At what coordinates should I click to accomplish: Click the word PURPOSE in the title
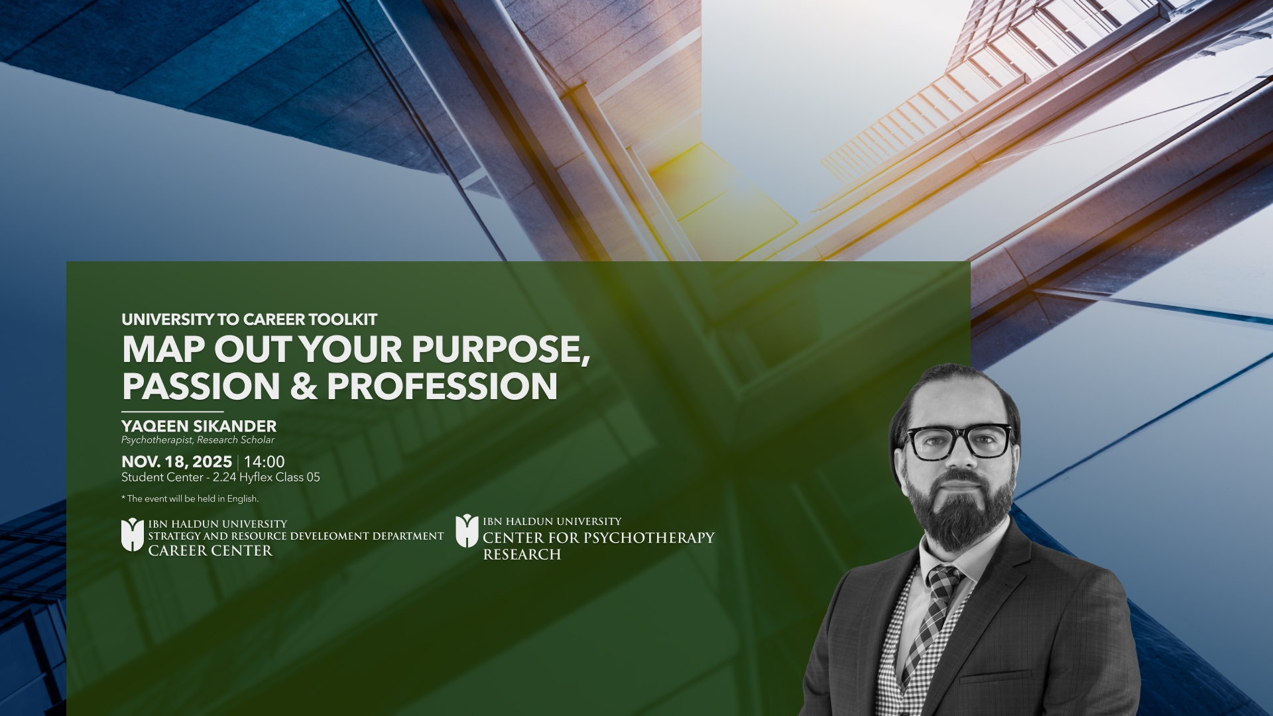pyautogui.click(x=500, y=349)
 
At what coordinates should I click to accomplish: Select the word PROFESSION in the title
pyautogui.click(x=442, y=387)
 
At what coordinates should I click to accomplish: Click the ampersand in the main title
pyautogui.click(x=304, y=387)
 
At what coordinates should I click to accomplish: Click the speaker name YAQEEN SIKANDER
pyautogui.click(x=199, y=426)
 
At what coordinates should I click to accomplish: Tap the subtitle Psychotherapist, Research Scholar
pyautogui.click(x=198, y=440)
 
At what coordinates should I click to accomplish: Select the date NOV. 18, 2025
pyautogui.click(x=176, y=462)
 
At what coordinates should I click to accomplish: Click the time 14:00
pyautogui.click(x=265, y=462)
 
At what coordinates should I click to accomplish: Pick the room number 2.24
pyautogui.click(x=224, y=477)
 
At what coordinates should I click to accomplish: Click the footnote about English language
pyautogui.click(x=190, y=499)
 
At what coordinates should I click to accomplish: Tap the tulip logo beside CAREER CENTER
pyautogui.click(x=133, y=534)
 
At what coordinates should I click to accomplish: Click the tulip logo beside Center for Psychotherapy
pyautogui.click(x=467, y=530)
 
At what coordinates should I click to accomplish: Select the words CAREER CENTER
pyautogui.click(x=210, y=551)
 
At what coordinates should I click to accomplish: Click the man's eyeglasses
pyautogui.click(x=959, y=442)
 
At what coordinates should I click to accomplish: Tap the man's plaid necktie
pyautogui.click(x=934, y=617)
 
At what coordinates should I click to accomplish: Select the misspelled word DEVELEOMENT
pyautogui.click(x=330, y=536)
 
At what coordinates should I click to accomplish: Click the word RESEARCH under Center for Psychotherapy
pyautogui.click(x=522, y=555)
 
